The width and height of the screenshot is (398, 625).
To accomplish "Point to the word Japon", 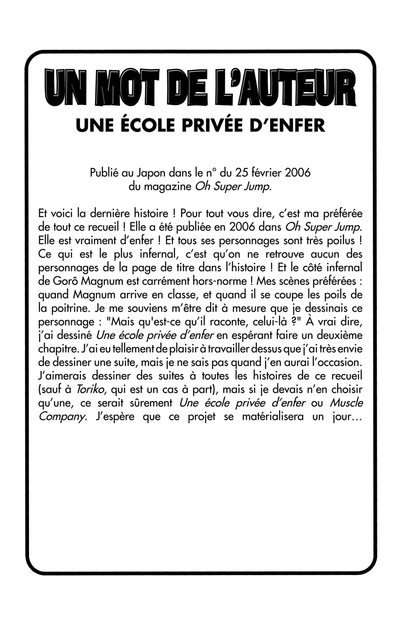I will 151,173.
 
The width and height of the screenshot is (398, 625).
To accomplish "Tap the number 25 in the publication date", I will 242,173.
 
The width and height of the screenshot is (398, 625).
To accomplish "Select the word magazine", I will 167,186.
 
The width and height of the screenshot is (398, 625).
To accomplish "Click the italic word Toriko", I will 91,389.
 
